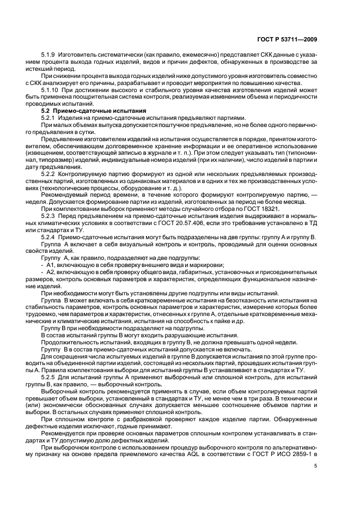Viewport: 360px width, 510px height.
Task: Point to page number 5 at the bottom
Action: tap(316, 466)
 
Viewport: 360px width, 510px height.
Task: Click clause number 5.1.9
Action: tap(49, 55)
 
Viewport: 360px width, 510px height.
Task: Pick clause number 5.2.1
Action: tap(49, 118)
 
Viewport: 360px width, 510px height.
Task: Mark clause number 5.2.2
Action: tap(49, 173)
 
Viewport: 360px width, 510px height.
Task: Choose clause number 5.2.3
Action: tap(49, 216)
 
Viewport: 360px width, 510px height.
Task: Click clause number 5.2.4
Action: tap(49, 237)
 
